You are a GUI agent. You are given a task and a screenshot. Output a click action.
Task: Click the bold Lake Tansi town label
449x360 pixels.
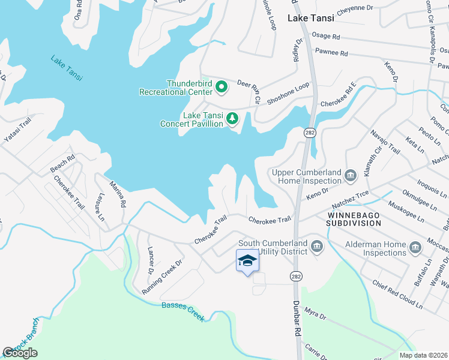click(310, 18)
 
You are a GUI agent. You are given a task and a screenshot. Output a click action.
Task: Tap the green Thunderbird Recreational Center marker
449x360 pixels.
click(221, 88)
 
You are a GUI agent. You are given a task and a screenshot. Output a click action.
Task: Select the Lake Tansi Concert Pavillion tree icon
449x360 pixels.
click(232, 119)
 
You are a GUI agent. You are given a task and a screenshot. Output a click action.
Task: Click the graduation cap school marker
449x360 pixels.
click(246, 260)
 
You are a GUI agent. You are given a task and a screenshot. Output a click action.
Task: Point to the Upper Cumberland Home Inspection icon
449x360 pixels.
click(351, 176)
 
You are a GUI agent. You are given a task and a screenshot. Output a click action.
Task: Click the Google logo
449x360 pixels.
click(20, 353)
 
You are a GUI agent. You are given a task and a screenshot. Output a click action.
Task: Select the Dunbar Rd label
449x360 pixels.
click(297, 319)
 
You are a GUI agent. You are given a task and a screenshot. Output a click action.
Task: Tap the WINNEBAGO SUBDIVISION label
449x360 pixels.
click(354, 218)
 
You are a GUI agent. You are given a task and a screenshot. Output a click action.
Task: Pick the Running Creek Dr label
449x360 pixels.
click(161, 276)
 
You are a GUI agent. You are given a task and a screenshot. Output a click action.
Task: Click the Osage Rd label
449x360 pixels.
click(327, 37)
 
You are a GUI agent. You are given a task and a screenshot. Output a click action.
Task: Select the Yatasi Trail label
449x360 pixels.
click(17, 130)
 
